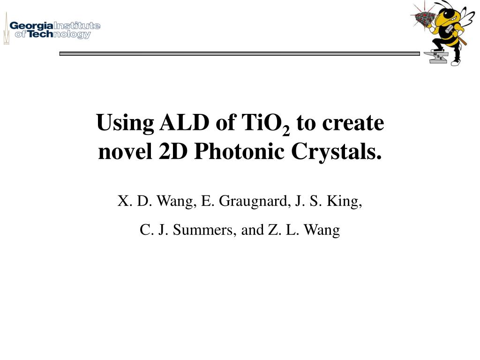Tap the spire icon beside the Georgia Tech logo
6,29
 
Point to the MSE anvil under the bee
437,56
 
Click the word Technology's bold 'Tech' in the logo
41,34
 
